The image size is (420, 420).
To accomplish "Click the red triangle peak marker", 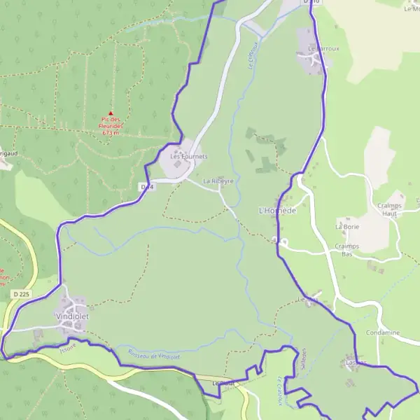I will tap(110, 113).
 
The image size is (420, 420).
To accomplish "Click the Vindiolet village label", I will tap(73, 316).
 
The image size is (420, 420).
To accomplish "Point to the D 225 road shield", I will tap(21, 295).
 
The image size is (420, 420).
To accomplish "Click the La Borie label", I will tap(346, 227).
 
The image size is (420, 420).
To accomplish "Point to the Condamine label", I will tap(382, 332).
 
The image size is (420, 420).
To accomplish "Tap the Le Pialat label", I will tap(222, 384).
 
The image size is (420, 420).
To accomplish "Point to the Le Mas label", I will tap(309, 300).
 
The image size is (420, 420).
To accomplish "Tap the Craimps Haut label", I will tap(389, 209).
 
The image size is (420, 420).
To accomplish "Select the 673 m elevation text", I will tap(111, 132).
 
